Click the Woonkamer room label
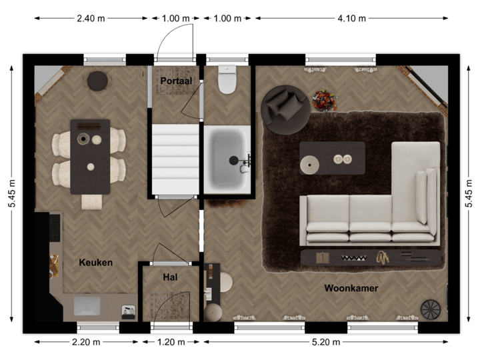(351, 289)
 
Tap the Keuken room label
(95, 263)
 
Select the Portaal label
(176, 81)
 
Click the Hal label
(169, 277)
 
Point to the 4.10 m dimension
(351, 19)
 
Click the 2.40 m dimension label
(90, 19)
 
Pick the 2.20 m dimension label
(87, 342)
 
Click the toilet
(228, 79)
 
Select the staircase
(175, 159)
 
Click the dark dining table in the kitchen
(90, 156)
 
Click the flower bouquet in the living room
(324, 100)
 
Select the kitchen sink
(87, 305)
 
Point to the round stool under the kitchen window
(98, 80)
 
